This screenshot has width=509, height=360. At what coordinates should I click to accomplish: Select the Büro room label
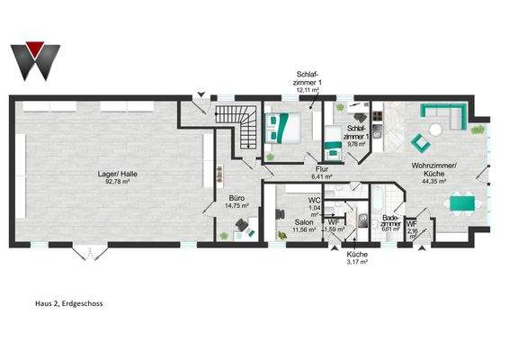(237, 198)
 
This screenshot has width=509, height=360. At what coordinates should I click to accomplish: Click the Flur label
(321, 169)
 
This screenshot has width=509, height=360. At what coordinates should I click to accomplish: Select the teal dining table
(464, 204)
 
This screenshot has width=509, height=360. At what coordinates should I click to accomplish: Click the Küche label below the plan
(358, 255)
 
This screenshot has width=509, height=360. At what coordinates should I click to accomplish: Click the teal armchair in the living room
(419, 141)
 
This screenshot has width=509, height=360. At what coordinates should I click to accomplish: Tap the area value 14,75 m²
(237, 205)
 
